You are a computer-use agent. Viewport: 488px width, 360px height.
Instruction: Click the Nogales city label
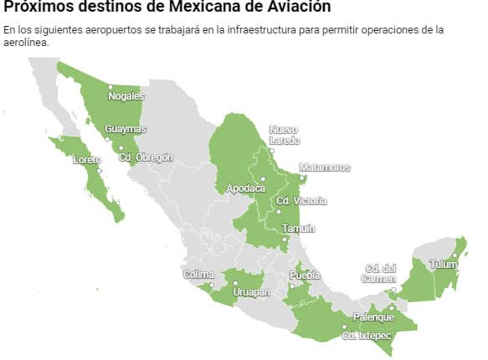pyautogui.click(x=126, y=96)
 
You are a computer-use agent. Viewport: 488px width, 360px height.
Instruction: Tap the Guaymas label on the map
pyautogui.click(x=126, y=129)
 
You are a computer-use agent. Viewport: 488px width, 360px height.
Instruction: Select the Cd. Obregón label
pyautogui.click(x=146, y=157)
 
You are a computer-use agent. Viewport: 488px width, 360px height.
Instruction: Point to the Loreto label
pyautogui.click(x=86, y=160)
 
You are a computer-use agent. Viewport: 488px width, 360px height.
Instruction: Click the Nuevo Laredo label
pyautogui.click(x=284, y=135)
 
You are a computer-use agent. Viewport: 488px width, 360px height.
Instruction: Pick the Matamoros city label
pyautogui.click(x=324, y=167)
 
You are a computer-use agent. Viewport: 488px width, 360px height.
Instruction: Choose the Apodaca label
pyautogui.click(x=246, y=188)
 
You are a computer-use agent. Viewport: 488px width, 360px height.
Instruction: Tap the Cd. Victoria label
pyautogui.click(x=301, y=201)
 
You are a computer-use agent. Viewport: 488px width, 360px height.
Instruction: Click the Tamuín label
pyautogui.click(x=299, y=229)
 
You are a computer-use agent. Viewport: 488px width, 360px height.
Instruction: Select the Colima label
pyautogui.click(x=199, y=274)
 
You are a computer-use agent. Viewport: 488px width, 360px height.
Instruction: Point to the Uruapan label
pyautogui.click(x=251, y=293)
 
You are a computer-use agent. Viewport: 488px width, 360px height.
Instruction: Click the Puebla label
pyautogui.click(x=305, y=275)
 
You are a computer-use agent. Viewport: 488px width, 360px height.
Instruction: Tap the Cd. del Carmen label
pyautogui.click(x=378, y=273)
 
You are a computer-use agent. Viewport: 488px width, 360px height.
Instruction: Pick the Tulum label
pyautogui.click(x=444, y=265)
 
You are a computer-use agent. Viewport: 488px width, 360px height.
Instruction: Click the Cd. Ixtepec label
pyautogui.click(x=366, y=336)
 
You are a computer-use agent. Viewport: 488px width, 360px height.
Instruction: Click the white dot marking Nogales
pyautogui.click(x=110, y=86)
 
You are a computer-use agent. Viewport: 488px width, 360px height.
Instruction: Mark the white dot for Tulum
pyautogui.click(x=455, y=255)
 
